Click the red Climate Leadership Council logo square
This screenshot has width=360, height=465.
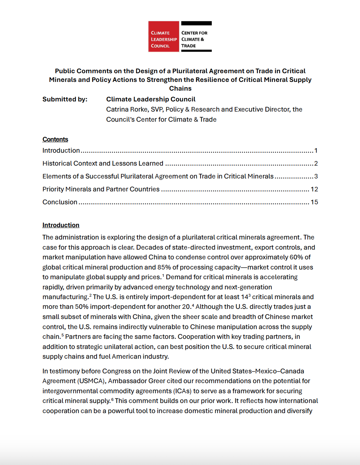164,37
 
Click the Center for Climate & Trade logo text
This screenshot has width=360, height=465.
194,39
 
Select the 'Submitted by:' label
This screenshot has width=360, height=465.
65,99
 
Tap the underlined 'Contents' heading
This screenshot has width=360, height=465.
55,139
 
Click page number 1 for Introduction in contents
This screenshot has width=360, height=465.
316,151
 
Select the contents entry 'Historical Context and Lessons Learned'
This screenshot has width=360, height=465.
103,163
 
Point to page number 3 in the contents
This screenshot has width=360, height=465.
316,176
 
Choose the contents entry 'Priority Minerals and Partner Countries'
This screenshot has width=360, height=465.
101,189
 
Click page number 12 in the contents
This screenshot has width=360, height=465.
314,189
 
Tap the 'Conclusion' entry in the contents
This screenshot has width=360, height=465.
60,202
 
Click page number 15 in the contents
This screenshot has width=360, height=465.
314,202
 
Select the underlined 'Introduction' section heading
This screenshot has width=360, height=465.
61,225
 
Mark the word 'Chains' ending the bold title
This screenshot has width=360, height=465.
180,89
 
